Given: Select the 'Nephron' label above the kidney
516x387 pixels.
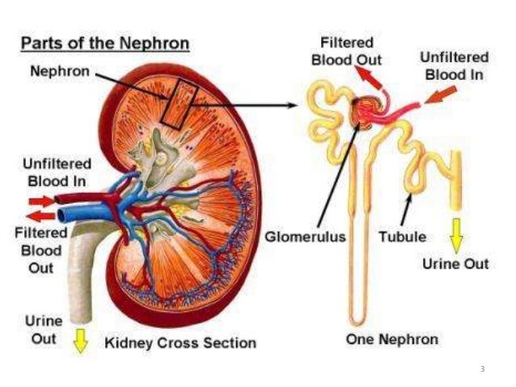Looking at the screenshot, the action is (x=60, y=71).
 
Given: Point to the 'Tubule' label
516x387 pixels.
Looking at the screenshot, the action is (x=402, y=238).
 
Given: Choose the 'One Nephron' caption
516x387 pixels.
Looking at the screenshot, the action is (x=391, y=339).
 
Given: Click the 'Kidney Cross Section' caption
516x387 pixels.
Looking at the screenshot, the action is (x=180, y=343).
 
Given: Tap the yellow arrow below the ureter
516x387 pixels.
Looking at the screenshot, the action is (x=79, y=341).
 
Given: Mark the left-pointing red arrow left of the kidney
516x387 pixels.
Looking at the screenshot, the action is (x=37, y=215).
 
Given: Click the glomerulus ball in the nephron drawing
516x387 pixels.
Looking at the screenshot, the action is (x=364, y=111).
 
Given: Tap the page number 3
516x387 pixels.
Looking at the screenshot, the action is (x=482, y=369).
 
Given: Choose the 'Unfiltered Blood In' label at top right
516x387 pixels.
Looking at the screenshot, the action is (x=453, y=65).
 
